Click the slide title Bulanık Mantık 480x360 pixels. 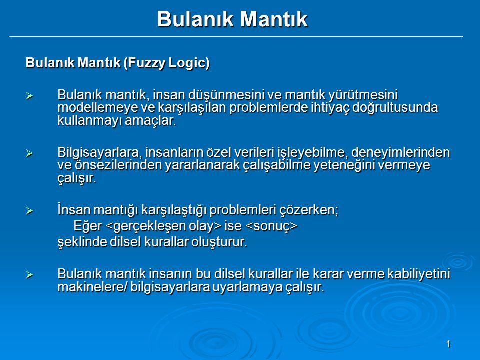pyautogui.click(x=232, y=19)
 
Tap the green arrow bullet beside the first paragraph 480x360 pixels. pyautogui.click(x=29, y=96)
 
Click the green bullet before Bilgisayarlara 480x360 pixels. pyautogui.click(x=29, y=153)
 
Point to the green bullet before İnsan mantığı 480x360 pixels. pyautogui.click(x=29, y=210)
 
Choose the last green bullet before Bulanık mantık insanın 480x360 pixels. pyautogui.click(x=29, y=274)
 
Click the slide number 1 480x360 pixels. pyautogui.click(x=448, y=344)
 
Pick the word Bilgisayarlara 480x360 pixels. pyautogui.click(x=99, y=152)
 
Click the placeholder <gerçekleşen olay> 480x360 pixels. pyautogui.click(x=163, y=226)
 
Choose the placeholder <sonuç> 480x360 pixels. pyautogui.click(x=271, y=226)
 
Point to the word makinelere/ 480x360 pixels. pyautogui.click(x=92, y=287)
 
